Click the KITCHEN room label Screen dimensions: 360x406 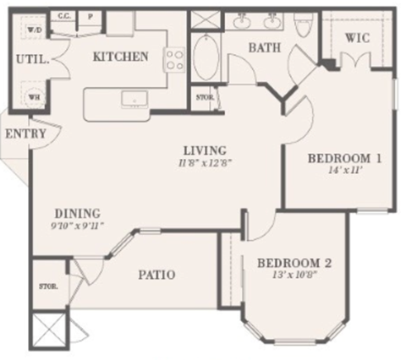pyautogui.click(x=122, y=57)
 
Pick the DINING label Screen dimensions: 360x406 pyautogui.click(x=78, y=213)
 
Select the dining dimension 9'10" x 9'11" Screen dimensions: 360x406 pyautogui.click(x=78, y=226)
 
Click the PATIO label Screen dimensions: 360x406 pyautogui.click(x=156, y=275)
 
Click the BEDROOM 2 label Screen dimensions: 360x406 pyautogui.click(x=294, y=263)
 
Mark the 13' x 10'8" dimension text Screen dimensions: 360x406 pyautogui.click(x=294, y=276)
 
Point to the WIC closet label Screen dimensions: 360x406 pyautogui.click(x=359, y=39)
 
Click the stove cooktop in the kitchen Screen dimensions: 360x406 pyautogui.click(x=175, y=59)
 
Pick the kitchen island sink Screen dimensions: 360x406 pyautogui.click(x=133, y=101)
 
